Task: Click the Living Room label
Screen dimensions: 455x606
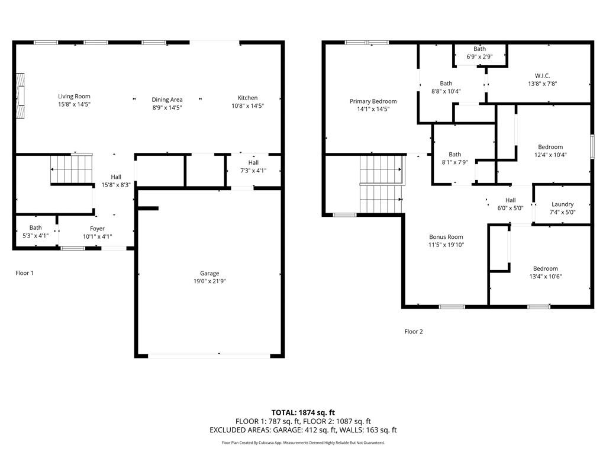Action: click(x=74, y=96)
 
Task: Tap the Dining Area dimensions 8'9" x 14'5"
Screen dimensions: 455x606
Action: click(x=167, y=107)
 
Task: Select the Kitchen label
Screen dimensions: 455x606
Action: click(x=247, y=98)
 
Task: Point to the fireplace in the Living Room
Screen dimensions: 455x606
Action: click(x=21, y=96)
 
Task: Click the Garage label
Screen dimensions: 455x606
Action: click(x=209, y=273)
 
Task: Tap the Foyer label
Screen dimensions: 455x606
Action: click(x=97, y=229)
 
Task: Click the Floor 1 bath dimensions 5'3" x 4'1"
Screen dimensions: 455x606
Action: click(x=36, y=236)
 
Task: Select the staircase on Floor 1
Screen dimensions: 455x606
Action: click(x=71, y=168)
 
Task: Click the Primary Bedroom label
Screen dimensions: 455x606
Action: click(x=373, y=101)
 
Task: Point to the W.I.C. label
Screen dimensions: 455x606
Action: click(x=542, y=76)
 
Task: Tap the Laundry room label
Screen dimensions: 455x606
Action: click(x=562, y=204)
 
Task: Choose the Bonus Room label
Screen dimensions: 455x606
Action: click(x=446, y=237)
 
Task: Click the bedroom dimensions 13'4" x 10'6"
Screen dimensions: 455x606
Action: click(x=545, y=276)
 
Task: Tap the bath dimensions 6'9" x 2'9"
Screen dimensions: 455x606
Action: click(x=479, y=57)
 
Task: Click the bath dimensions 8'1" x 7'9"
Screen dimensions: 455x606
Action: click(x=454, y=162)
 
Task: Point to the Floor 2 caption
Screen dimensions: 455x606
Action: click(x=414, y=332)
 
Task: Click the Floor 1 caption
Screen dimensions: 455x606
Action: click(x=24, y=273)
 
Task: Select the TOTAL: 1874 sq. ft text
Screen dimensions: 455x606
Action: click(x=303, y=412)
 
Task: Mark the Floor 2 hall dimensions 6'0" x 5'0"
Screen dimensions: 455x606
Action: click(x=510, y=208)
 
